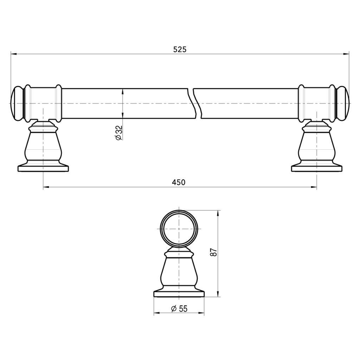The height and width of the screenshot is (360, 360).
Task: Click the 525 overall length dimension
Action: tap(180, 50)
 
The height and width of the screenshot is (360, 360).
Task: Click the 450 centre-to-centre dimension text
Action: tap(178, 182)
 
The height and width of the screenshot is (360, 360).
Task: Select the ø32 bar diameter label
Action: tap(118, 133)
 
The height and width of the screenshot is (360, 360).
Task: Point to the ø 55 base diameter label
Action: tap(179, 309)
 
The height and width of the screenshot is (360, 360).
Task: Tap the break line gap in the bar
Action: tap(197, 103)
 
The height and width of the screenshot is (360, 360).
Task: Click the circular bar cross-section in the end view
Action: tap(179, 229)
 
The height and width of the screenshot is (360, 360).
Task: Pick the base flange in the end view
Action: tap(179, 293)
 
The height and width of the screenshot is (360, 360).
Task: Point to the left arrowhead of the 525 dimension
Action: tap(13, 54)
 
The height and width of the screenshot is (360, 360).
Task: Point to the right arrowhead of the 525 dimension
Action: tap(347, 54)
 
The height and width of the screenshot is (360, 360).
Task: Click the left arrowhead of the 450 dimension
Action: tap(46, 187)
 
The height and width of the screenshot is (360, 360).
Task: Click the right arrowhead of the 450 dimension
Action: tap(314, 187)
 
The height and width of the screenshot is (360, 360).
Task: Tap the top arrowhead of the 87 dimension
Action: tap(219, 213)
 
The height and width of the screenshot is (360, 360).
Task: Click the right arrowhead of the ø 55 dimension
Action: tap(202, 313)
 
